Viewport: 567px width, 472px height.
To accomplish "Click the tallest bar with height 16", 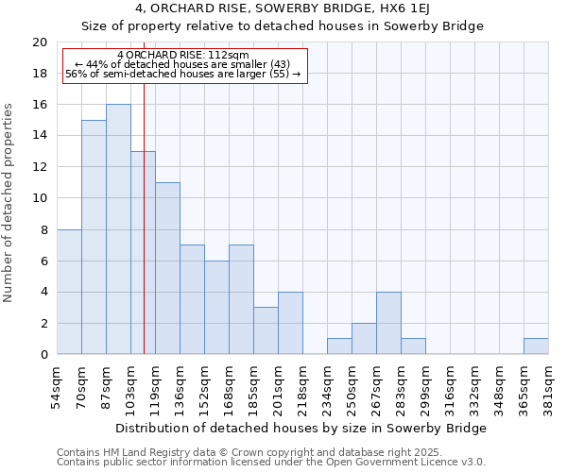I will pyautogui.click(x=118, y=229).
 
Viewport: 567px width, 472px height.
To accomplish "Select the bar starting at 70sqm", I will pyautogui.click(x=94, y=237).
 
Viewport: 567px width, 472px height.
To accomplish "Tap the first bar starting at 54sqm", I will pyautogui.click(x=69, y=292).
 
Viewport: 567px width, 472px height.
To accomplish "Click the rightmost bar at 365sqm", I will pyautogui.click(x=536, y=346).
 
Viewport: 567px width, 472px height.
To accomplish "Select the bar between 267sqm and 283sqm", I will pyautogui.click(x=388, y=323).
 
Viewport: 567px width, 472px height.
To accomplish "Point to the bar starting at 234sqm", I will pyautogui.click(x=339, y=346).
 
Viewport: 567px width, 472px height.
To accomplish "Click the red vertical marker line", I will pyautogui.click(x=144, y=217).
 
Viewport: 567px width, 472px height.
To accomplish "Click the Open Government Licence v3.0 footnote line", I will pyautogui.click(x=271, y=463).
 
